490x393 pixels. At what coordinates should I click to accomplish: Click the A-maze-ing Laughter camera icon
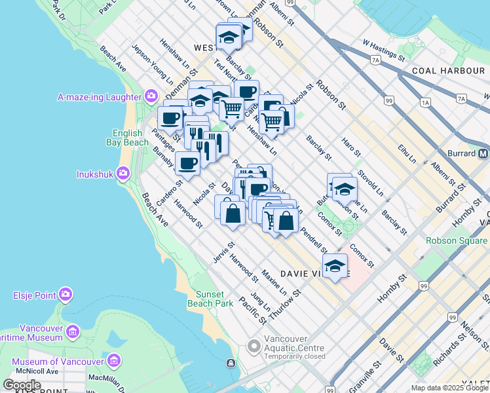152,97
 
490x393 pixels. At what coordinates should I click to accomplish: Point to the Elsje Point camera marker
66,295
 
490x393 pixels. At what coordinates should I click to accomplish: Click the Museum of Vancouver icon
114,361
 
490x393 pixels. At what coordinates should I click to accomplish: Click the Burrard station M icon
483,153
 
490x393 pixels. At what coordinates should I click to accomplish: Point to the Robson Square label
457,240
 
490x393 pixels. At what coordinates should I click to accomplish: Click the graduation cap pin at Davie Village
335,266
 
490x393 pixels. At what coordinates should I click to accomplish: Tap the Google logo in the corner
22,385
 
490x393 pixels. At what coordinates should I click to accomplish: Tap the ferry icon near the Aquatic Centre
231,364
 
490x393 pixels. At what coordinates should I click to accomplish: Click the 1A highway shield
426,103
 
